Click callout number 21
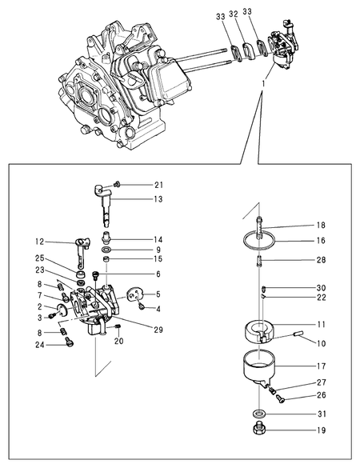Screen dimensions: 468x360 point(158,184)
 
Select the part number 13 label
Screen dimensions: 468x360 point(158,198)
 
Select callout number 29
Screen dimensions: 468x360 point(158,330)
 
